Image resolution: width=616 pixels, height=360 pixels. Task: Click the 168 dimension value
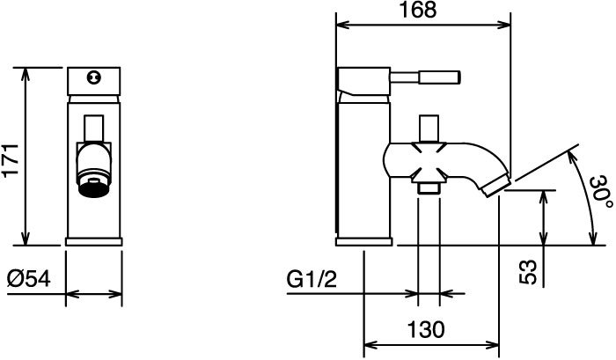[x=418, y=10]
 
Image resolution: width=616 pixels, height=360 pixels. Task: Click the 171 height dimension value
[x=11, y=161]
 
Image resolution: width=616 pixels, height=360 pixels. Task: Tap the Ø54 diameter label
[x=29, y=279]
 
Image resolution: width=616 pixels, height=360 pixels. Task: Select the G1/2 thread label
[x=312, y=279]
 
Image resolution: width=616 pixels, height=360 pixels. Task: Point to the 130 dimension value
[x=426, y=329]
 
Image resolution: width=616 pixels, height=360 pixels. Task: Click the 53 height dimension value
[x=528, y=272]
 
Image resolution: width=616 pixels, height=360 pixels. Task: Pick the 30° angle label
[x=601, y=192]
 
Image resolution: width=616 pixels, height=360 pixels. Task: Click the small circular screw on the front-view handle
[x=93, y=77]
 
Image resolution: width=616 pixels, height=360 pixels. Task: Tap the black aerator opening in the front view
[x=93, y=187]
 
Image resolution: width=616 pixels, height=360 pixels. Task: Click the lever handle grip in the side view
[x=439, y=77]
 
